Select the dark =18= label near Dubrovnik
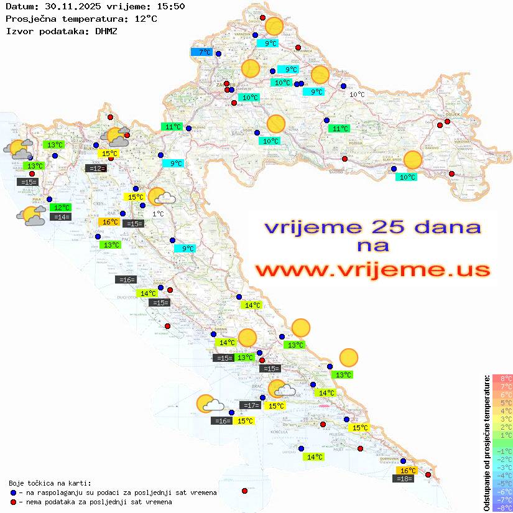coord(405,478)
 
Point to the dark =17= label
coord(250,405)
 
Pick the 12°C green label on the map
coord(61,207)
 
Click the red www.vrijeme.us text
coord(372,270)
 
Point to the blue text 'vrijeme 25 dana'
coord(372,227)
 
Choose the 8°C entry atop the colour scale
coord(502,379)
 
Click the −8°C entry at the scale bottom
coord(502,508)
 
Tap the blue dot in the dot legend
coord(13,492)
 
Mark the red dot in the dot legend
coord(13,502)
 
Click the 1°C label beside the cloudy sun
coord(158,214)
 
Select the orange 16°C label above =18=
coord(407,471)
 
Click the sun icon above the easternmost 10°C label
coord(412,160)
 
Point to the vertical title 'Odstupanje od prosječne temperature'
coord(486,443)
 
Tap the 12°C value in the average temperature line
coord(146,19)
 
